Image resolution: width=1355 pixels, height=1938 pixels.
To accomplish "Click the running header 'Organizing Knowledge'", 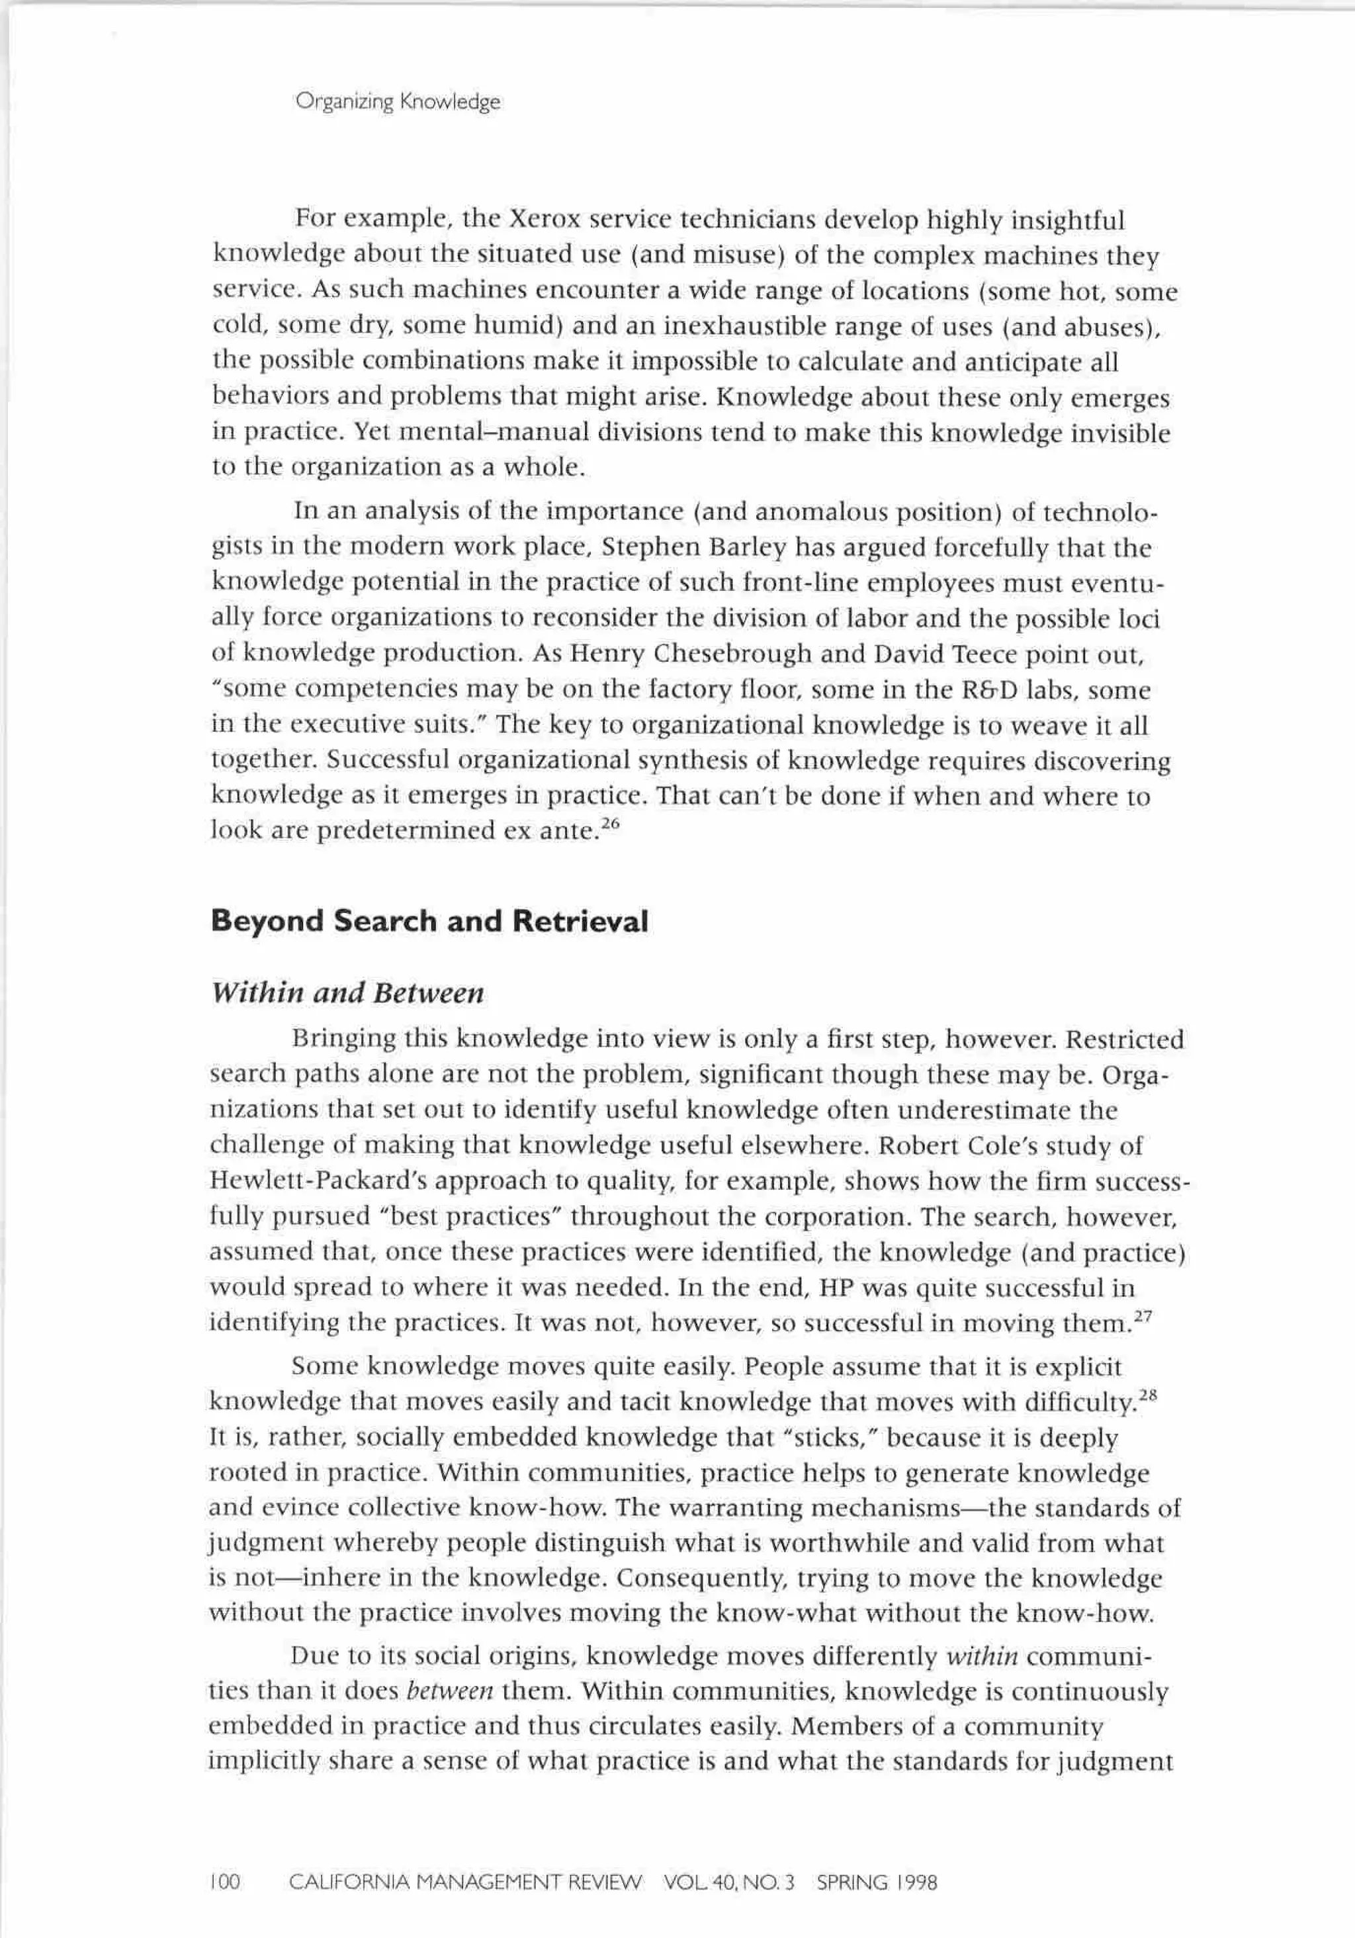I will pos(398,102).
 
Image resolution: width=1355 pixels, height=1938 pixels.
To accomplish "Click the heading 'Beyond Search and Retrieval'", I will pos(429,921).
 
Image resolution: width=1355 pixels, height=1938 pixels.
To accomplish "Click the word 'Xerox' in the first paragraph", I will pos(543,221).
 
